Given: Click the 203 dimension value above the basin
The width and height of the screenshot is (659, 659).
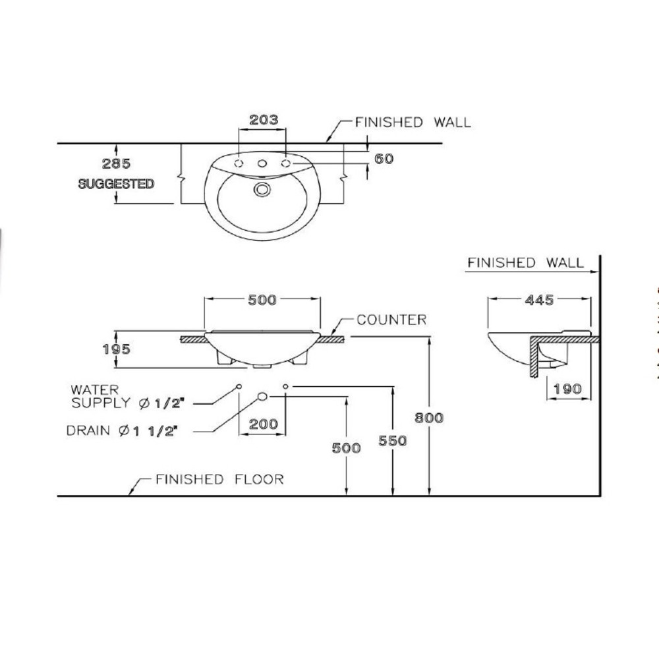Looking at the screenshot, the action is pyautogui.click(x=264, y=120).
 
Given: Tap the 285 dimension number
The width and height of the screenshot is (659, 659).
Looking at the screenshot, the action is pyautogui.click(x=117, y=163).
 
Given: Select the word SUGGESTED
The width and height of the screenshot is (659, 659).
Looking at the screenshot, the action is pyautogui.click(x=116, y=184).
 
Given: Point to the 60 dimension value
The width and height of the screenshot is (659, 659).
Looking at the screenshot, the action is pyautogui.click(x=384, y=158).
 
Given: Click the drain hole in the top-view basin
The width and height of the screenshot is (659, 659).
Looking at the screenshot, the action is pyautogui.click(x=262, y=190).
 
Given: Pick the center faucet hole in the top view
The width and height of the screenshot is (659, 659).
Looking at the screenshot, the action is pyautogui.click(x=262, y=163).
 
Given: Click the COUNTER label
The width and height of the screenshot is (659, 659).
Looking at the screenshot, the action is pyautogui.click(x=391, y=320).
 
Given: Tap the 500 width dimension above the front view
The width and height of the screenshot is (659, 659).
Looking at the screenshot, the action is pyautogui.click(x=262, y=300).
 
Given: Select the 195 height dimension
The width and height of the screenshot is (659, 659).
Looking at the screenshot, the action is pyautogui.click(x=117, y=349).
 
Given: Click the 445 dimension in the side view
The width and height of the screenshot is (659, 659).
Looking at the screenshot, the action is pyautogui.click(x=539, y=300).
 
